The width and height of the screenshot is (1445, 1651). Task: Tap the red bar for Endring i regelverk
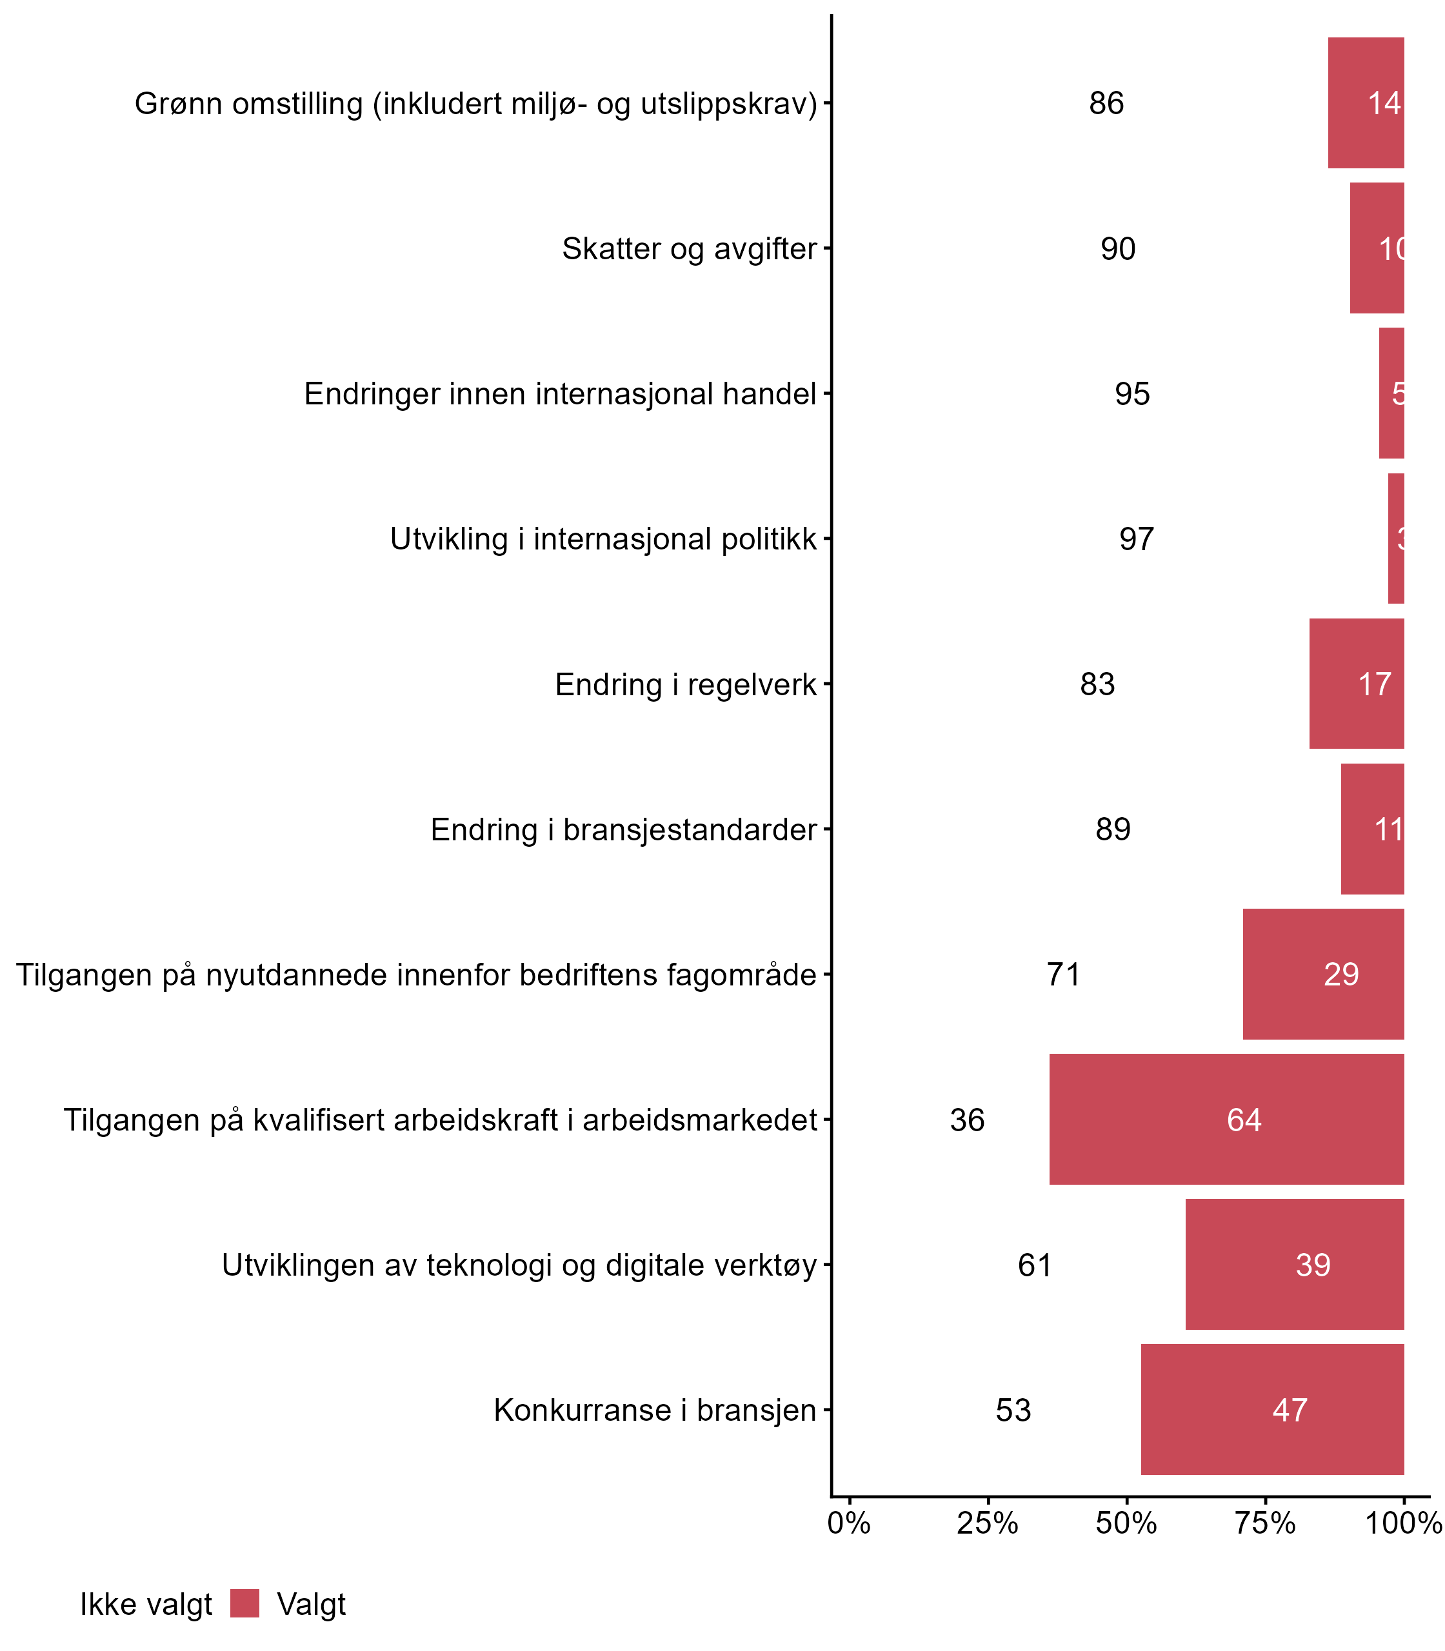pos(1356,684)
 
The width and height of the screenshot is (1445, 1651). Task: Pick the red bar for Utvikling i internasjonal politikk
pos(1396,539)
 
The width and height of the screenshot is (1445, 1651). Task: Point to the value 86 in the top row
pos(1106,103)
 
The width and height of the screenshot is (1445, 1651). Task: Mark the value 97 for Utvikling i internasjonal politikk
pos(1136,539)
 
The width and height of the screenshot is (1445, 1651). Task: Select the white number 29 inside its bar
pos(1341,974)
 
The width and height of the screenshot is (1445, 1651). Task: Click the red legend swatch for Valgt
pos(244,1605)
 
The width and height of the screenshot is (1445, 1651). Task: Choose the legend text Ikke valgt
pos(146,1605)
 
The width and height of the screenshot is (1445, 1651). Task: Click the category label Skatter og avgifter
pos(690,248)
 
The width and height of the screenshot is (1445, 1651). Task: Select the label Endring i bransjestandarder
pos(623,829)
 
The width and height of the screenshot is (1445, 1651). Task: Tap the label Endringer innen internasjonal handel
pos(561,394)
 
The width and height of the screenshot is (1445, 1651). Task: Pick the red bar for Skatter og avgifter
pos(1377,248)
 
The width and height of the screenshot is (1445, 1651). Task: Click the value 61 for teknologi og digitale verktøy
pos(1035,1265)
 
